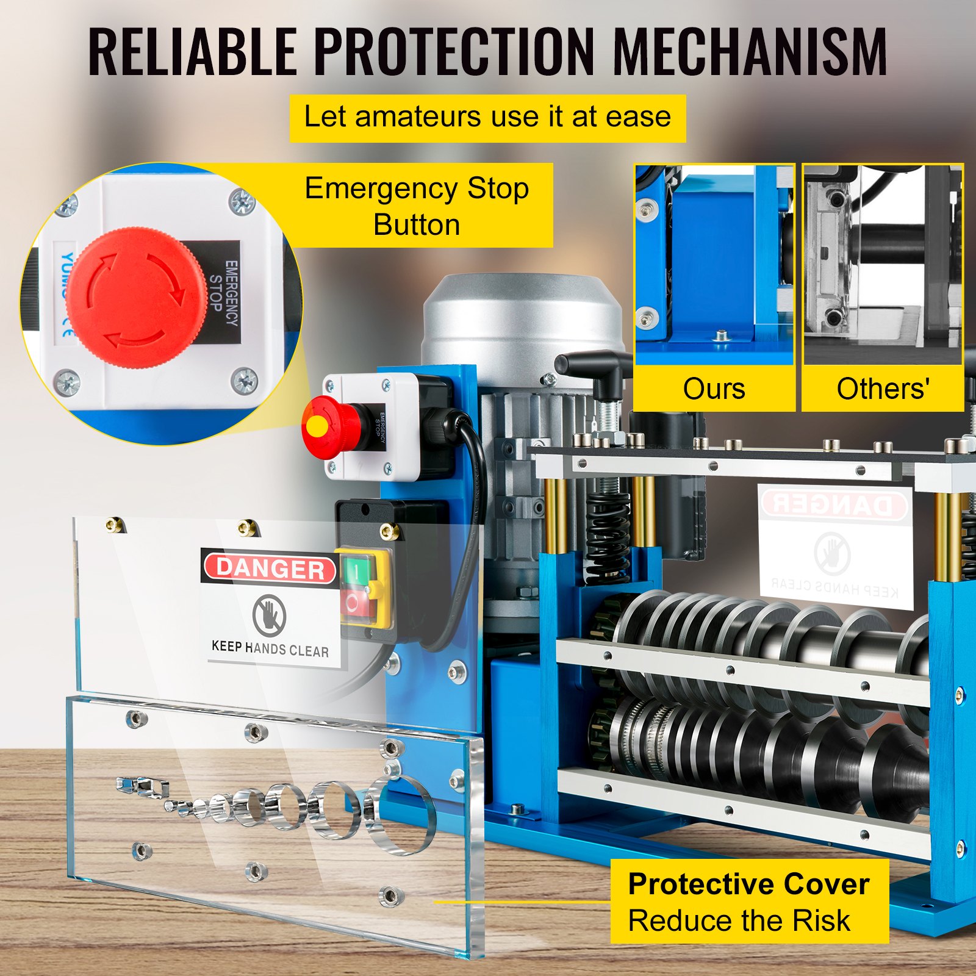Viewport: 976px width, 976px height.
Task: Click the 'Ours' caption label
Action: tap(714, 389)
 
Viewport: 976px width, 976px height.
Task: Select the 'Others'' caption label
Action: tap(883, 389)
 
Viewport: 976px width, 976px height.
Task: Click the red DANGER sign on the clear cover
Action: tap(270, 569)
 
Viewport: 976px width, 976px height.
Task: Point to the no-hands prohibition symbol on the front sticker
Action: tap(270, 614)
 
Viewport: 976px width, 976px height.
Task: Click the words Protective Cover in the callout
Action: tap(748, 884)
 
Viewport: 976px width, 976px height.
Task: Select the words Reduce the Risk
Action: tap(739, 920)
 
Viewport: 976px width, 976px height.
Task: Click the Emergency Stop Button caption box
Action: tap(417, 206)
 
